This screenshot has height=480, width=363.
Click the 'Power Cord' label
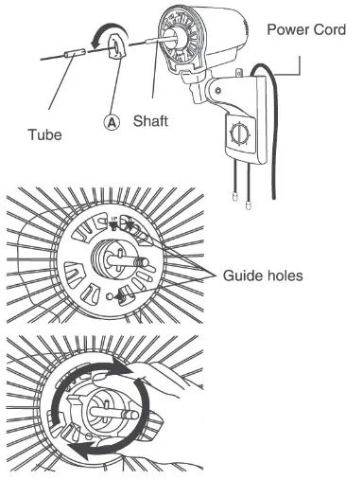tap(307, 28)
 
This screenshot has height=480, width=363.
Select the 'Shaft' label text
tap(150, 121)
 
